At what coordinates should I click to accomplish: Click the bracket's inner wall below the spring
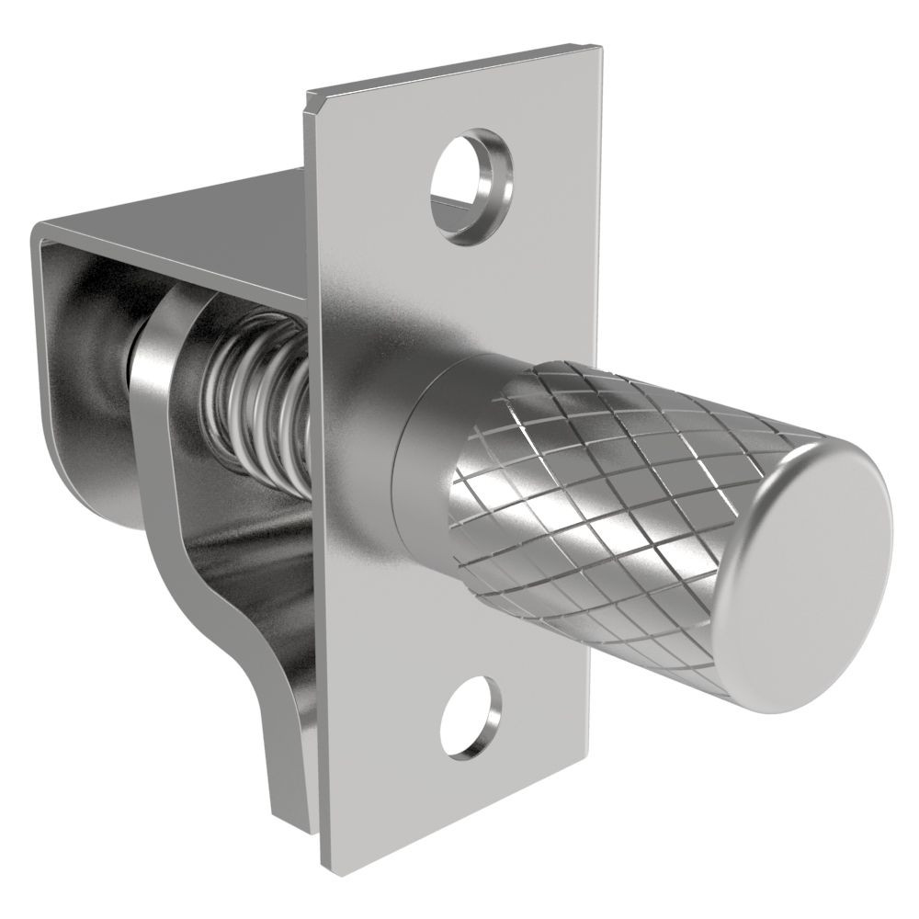click(x=257, y=533)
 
